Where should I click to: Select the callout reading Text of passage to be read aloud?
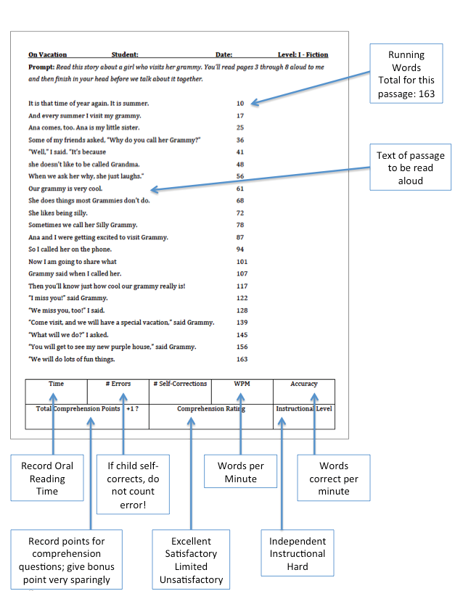click(x=410, y=169)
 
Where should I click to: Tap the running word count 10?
click(x=240, y=103)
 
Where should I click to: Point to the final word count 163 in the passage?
click(x=242, y=359)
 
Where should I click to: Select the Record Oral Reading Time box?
click(x=47, y=479)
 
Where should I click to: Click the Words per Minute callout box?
click(x=241, y=473)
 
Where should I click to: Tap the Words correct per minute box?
click(x=334, y=479)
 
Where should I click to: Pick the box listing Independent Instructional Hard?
click(x=298, y=553)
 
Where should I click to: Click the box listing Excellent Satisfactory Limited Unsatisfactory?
click(x=191, y=560)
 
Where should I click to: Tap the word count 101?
click(x=242, y=262)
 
